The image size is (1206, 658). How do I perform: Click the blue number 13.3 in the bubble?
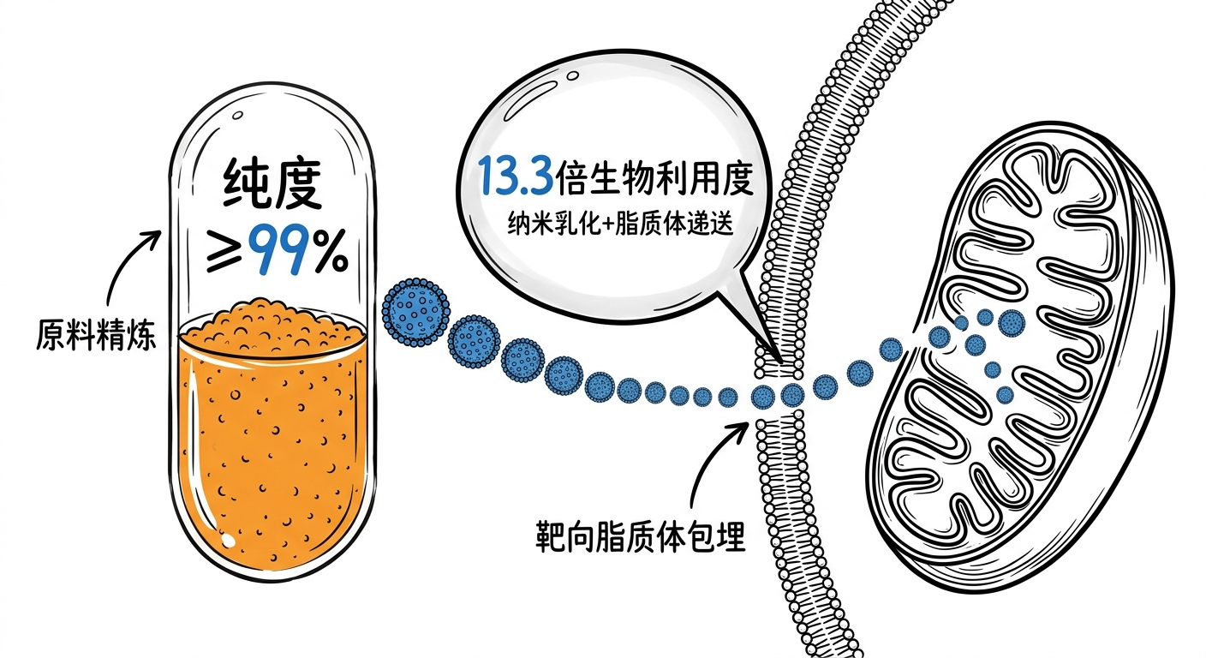pos(516,176)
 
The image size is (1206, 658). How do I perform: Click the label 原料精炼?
pos(96,335)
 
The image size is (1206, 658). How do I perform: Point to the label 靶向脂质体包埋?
pos(640,535)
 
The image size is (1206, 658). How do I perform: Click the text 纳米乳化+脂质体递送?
pos(620,224)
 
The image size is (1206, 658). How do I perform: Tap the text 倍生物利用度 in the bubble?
pos(654,176)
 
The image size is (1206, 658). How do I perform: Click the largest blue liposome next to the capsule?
pos(415,313)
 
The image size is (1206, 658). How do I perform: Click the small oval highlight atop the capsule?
pos(237,115)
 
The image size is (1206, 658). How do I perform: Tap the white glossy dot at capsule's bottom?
pos(229,539)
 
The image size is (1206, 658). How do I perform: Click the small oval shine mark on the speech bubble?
pos(573,75)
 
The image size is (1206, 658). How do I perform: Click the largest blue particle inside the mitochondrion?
pos(1011,323)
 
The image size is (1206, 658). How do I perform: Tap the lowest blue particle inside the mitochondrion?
pos(1004,395)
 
